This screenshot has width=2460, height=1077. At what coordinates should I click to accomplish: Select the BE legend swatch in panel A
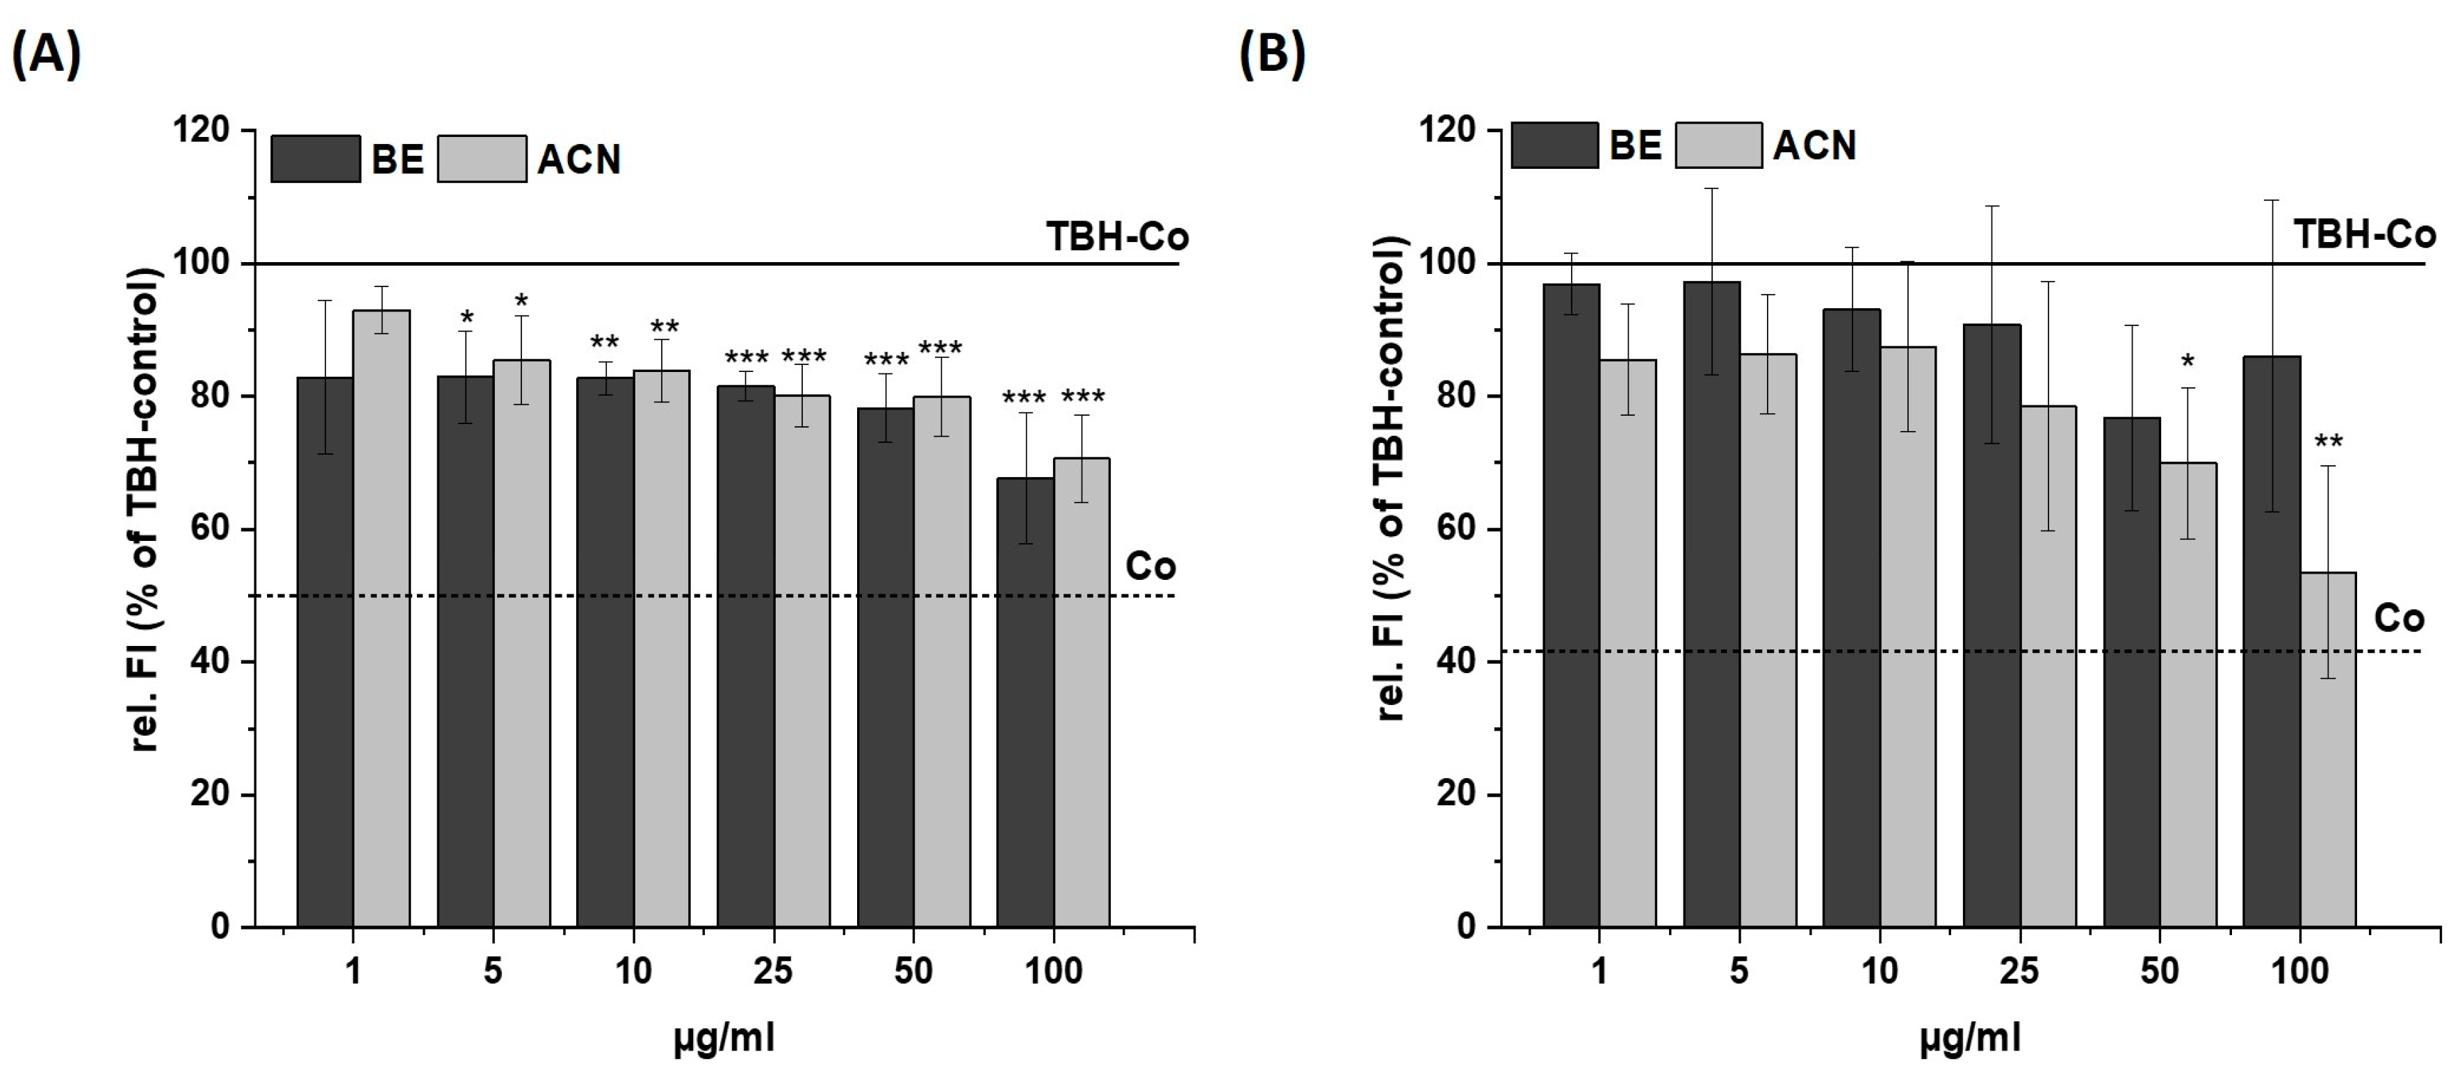click(315, 159)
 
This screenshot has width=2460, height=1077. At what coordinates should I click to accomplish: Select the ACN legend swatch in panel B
click(1718, 145)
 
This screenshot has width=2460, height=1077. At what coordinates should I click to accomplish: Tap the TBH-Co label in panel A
click(1117, 237)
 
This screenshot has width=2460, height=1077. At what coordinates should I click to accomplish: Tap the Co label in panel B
click(2398, 619)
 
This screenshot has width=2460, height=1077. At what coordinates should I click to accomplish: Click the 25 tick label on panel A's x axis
click(772, 971)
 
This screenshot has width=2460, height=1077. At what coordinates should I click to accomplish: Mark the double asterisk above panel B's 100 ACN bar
click(2328, 443)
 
